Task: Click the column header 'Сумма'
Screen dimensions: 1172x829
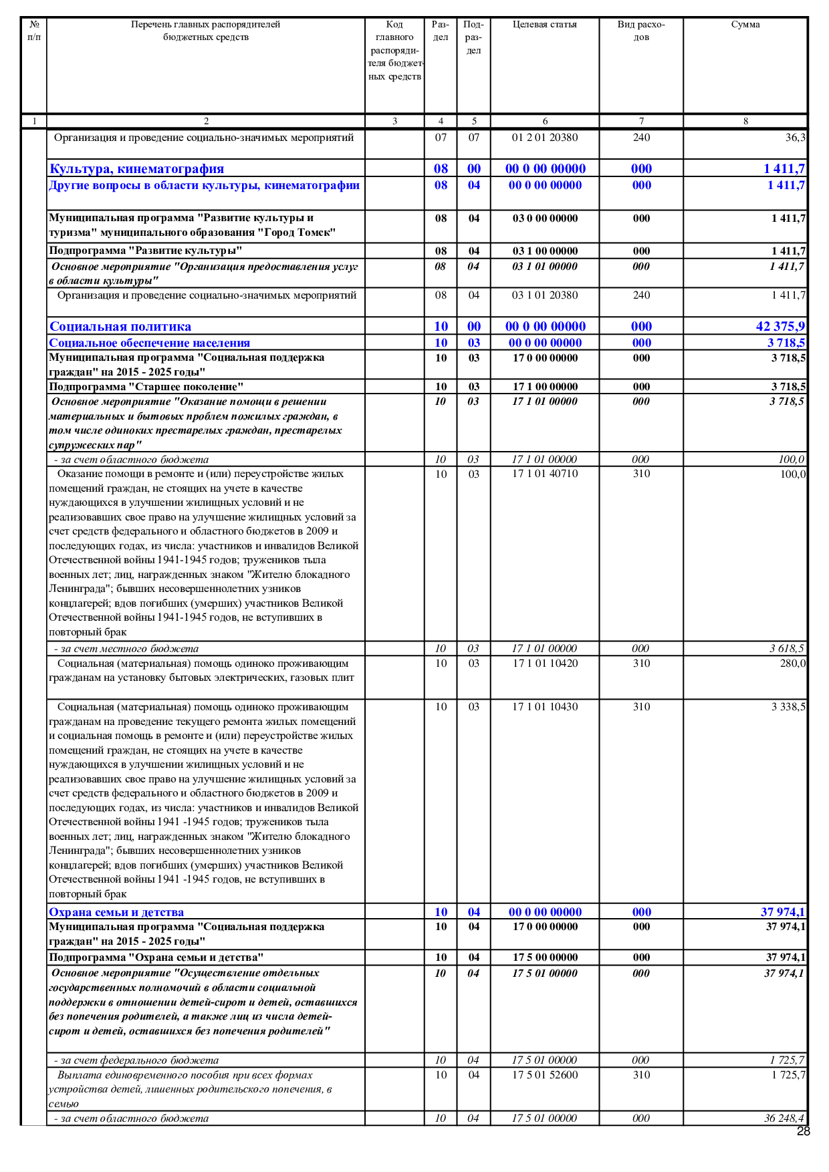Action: point(745,25)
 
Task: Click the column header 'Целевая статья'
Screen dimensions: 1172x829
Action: point(544,25)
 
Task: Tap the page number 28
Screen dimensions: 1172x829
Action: point(803,1131)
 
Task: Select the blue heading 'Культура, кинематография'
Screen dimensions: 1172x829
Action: point(136,169)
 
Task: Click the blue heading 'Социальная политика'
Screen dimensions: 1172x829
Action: point(120,327)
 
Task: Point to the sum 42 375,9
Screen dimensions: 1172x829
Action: point(780,327)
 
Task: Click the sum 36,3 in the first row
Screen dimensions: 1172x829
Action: point(795,138)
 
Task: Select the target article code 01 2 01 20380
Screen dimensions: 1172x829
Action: point(544,138)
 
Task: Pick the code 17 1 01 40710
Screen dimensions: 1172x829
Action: point(544,474)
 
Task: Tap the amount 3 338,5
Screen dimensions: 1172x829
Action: point(788,707)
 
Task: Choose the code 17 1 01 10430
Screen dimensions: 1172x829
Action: point(544,707)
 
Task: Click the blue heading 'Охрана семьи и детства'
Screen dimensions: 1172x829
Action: point(116,912)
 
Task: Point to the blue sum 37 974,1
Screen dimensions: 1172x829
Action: point(783,912)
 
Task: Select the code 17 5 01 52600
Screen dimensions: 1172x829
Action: point(544,1075)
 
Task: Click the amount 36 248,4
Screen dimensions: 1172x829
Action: point(784,1119)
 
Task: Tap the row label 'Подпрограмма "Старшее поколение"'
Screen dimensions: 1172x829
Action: point(146,387)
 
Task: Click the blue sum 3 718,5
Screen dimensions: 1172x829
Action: point(786,343)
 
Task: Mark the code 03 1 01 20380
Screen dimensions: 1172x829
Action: point(544,295)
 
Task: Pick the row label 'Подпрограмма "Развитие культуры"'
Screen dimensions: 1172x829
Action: point(145,251)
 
